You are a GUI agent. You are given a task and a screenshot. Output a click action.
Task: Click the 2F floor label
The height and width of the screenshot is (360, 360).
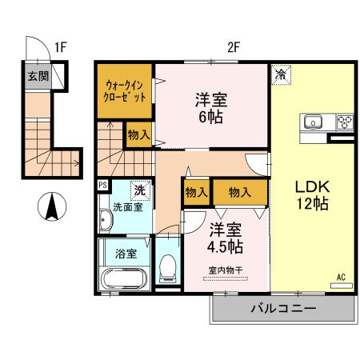232,47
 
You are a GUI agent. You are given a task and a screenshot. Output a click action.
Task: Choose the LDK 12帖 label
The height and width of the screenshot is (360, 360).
312,194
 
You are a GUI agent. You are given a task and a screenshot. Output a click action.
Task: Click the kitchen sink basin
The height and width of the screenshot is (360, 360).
311,123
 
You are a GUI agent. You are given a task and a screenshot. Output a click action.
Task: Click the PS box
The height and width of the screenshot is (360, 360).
102,186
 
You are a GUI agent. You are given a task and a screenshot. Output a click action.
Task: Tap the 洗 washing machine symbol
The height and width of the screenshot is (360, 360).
139,190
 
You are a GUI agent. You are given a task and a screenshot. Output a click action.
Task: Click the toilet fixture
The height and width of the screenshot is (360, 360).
166,266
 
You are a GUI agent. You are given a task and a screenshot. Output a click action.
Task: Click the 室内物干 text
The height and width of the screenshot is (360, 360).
225,269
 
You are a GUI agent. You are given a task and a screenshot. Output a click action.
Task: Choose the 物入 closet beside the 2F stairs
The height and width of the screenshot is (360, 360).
138,134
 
